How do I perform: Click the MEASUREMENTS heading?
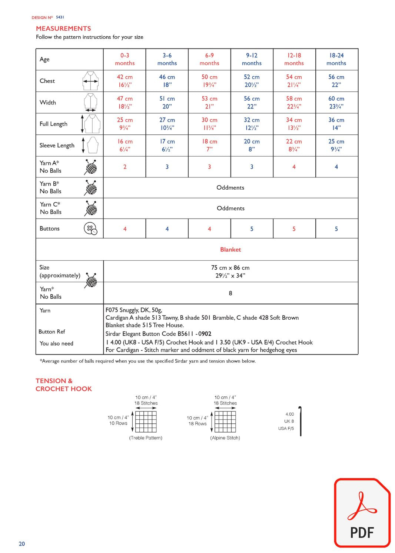click(63, 29)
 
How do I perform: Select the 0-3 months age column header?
click(125, 59)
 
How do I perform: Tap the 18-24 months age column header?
click(336, 59)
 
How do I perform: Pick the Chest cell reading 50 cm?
click(209, 81)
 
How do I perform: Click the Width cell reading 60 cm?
click(336, 102)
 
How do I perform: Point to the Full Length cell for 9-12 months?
click(252, 124)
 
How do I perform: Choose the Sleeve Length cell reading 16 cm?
click(125, 145)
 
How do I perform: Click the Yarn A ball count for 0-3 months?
click(125, 167)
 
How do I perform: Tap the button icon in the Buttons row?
click(90, 229)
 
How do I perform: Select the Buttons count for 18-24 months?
click(336, 229)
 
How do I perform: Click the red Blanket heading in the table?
click(230, 250)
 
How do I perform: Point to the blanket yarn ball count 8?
click(230, 293)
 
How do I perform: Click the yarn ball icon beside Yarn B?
click(91, 188)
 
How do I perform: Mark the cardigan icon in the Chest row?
click(90, 81)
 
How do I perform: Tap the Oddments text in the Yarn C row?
click(230, 208)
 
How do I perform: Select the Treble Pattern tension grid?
click(146, 422)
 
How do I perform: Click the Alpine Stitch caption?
click(225, 438)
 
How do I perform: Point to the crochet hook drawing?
click(300, 421)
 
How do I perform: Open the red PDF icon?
click(362, 513)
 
